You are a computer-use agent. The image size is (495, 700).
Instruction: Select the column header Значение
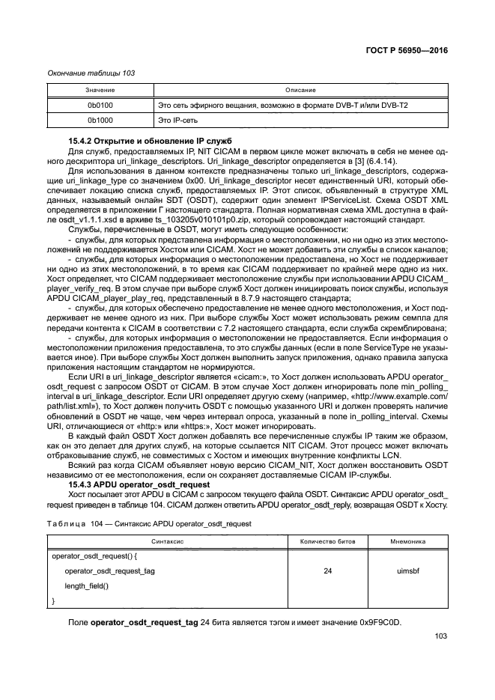pos(99,91)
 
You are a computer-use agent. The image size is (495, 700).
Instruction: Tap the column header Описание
pos(300,91)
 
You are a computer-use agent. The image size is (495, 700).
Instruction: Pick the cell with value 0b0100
pos(99,106)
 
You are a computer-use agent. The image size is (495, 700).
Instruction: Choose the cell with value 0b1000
pos(99,120)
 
